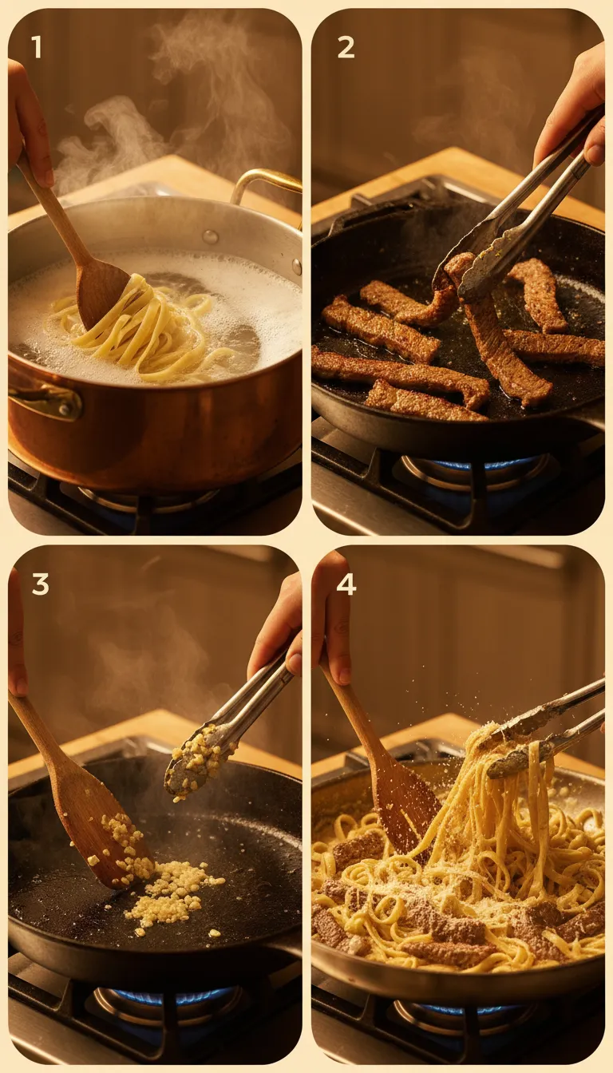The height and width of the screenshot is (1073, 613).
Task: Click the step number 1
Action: pos(36,48)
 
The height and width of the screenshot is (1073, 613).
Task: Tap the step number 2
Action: pos(346,48)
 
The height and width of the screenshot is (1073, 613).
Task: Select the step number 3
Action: pos(40,584)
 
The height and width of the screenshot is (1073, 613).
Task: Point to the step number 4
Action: pos(346,584)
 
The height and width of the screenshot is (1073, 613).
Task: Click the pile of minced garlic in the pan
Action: pos(172,894)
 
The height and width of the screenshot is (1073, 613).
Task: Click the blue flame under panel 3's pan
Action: pos(172,996)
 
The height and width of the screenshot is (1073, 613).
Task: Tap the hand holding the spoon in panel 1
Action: pos(28,120)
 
